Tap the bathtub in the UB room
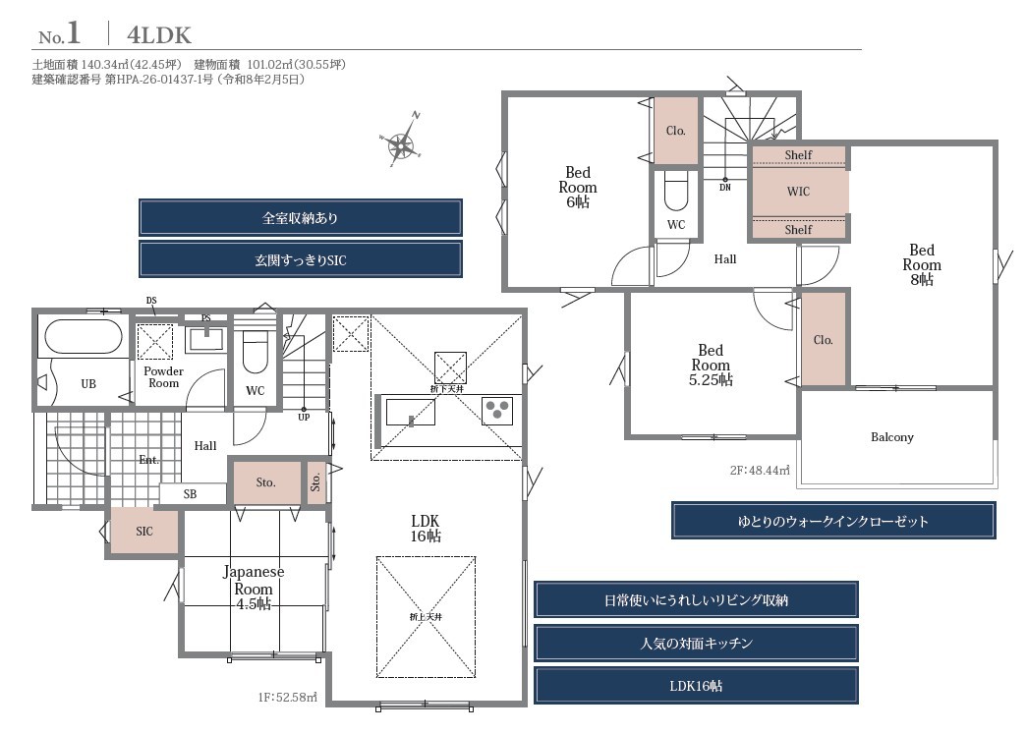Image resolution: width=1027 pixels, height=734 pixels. coord(84,338)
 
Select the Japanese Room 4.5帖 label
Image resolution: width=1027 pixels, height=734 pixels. coord(254,588)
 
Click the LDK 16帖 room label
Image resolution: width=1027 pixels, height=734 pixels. coord(426,529)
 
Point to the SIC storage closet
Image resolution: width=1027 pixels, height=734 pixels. coord(144,531)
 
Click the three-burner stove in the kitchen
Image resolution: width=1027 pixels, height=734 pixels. coord(497,411)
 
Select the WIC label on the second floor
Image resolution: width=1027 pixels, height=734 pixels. coord(798,192)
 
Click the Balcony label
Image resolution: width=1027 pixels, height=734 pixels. coord(892,436)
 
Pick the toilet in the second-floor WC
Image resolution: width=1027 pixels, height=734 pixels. coord(676,191)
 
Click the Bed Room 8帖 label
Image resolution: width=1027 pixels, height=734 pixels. coord(922,264)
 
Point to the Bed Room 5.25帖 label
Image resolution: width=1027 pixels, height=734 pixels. coord(711,365)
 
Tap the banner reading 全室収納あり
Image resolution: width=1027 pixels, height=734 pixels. coord(301,217)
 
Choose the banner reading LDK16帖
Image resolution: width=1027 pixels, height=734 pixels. coord(696,686)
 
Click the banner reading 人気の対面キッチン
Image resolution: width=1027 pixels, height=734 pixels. coord(696,643)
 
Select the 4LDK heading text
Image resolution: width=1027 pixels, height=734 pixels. coord(159,35)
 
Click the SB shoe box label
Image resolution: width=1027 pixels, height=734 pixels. coord(190,493)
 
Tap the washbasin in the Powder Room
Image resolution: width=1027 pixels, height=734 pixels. coord(206,339)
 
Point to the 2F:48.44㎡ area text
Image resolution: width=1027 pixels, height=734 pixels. coord(760,470)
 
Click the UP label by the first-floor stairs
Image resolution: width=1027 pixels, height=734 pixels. coord(304,417)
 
